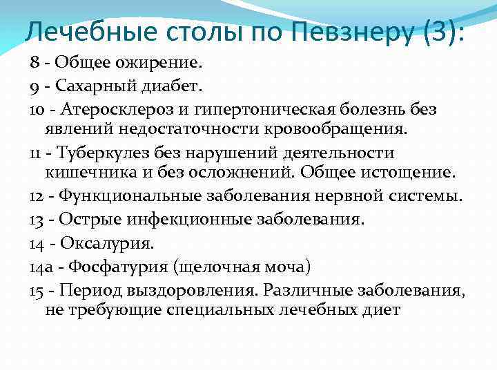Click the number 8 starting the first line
[x=34, y=64]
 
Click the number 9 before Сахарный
[x=34, y=86]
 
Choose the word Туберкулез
[x=102, y=153]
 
